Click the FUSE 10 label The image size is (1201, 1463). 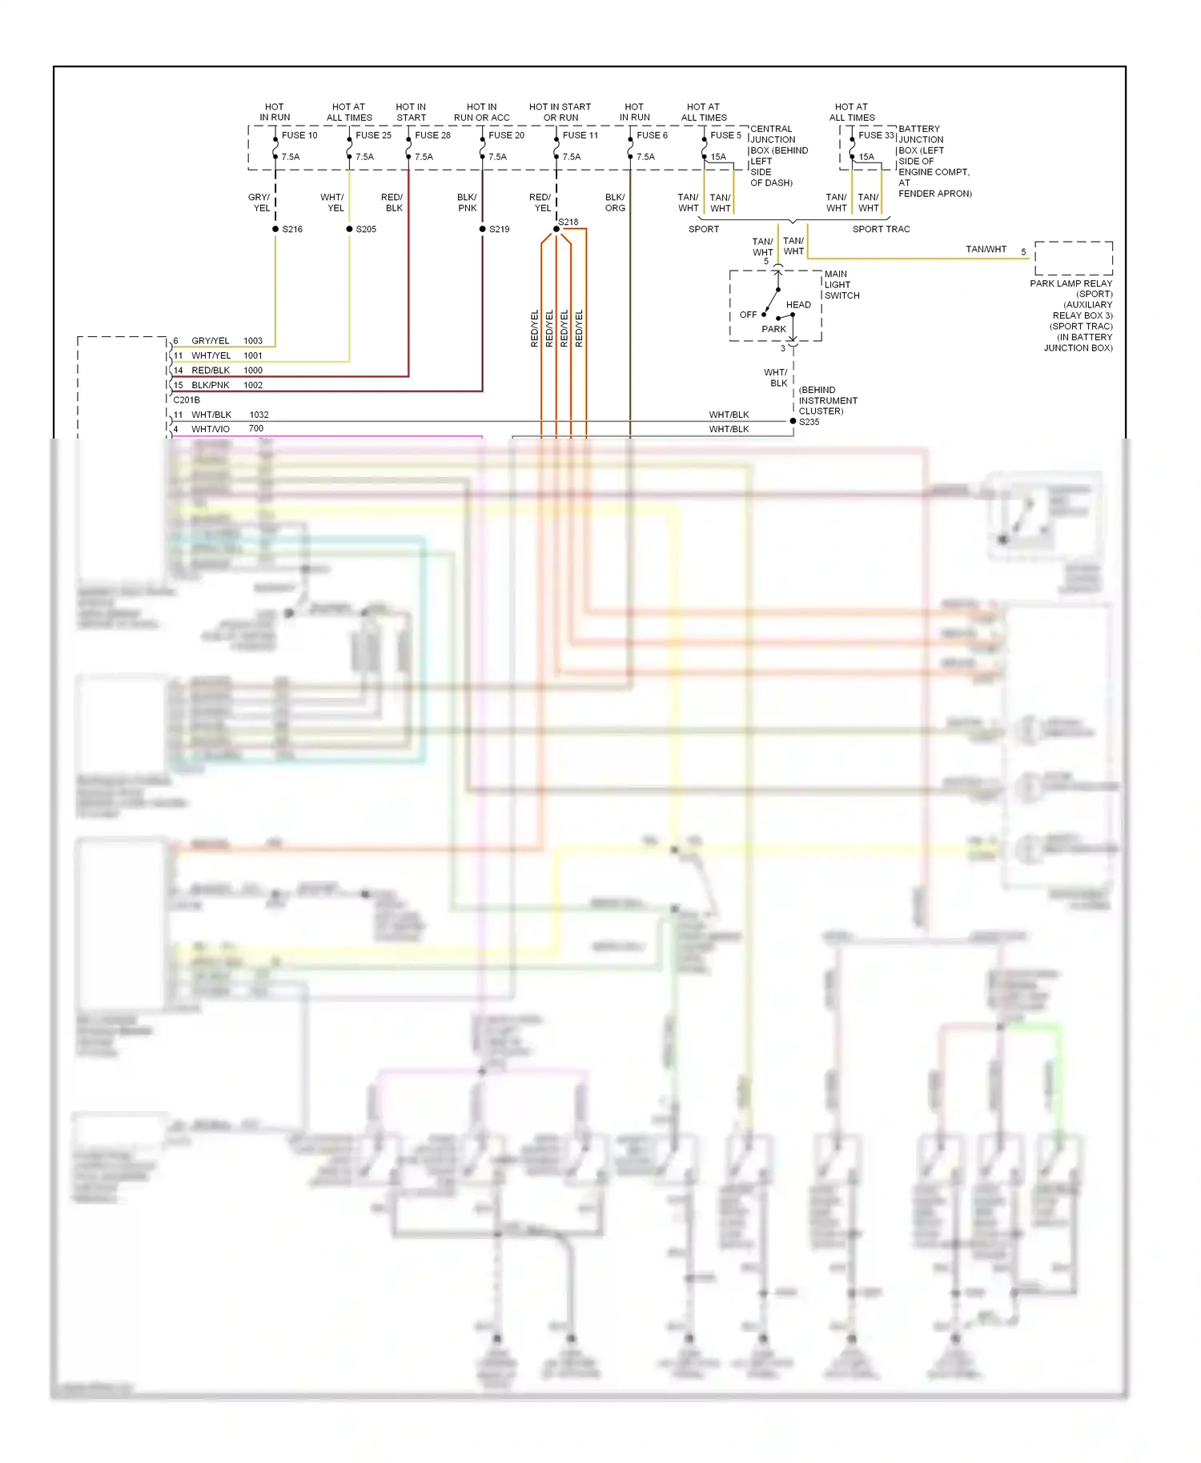coord(299,135)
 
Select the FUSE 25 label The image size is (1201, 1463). coord(373,135)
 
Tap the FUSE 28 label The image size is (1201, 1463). coord(432,135)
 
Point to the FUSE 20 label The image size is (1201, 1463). coord(506,135)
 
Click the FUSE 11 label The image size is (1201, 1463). coord(580,135)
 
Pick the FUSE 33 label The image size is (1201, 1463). coord(876,135)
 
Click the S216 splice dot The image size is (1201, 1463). coord(275,229)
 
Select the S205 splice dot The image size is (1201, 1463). coord(349,229)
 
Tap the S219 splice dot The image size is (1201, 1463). coord(483,229)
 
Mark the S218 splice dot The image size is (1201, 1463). coord(556,229)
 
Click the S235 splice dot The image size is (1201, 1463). coord(793,421)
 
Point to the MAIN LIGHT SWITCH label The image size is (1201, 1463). coord(842,285)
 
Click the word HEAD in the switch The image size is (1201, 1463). coord(798,305)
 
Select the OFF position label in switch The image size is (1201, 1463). coord(748,315)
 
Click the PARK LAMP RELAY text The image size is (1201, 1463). coord(1070,283)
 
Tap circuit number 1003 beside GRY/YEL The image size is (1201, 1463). coord(253,341)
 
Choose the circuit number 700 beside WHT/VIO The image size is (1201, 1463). coord(256,429)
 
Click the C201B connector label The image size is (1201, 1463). coord(187,400)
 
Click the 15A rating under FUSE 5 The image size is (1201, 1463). coord(718,157)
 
